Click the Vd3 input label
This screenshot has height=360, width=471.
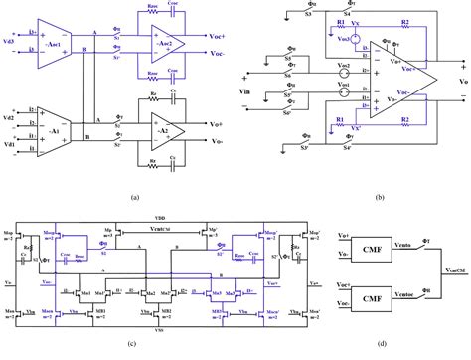[x=9, y=40]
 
